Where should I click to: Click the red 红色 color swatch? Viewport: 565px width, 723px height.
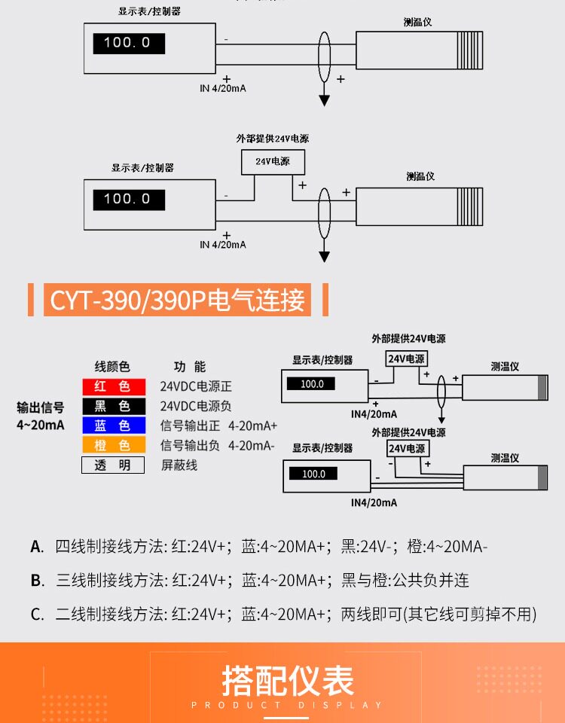point(112,386)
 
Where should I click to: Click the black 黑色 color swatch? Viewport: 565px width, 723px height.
point(112,407)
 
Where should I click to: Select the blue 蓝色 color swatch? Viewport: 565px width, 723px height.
point(112,426)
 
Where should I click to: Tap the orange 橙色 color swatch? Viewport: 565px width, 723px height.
point(112,446)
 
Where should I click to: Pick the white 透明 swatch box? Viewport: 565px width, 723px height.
point(112,465)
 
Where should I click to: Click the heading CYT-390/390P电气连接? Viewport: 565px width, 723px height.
point(179,300)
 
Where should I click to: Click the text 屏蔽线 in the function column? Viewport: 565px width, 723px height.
point(179,465)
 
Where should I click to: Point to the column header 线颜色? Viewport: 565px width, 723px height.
point(111,367)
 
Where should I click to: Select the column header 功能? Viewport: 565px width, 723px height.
point(189,367)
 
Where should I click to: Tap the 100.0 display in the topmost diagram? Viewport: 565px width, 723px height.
point(127,42)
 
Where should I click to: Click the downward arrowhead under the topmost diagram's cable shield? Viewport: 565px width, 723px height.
point(325,100)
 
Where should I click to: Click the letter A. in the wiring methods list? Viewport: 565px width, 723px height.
point(37,547)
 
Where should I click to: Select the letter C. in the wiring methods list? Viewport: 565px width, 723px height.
point(37,615)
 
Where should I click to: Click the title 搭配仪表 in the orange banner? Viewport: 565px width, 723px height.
point(288,680)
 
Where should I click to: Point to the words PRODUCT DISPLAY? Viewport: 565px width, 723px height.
point(288,706)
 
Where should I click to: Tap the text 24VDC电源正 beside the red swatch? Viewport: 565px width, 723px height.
point(196,386)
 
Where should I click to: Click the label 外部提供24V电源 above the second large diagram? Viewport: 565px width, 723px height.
point(273,139)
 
